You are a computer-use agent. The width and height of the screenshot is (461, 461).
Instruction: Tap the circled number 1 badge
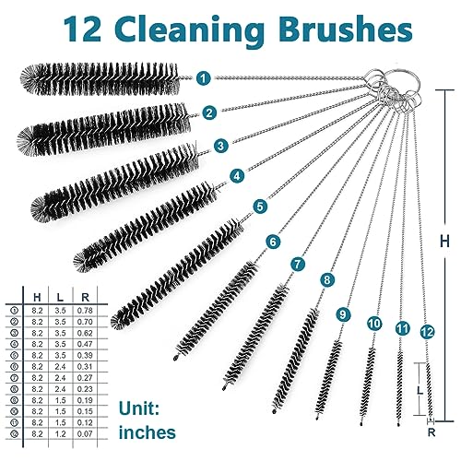202,79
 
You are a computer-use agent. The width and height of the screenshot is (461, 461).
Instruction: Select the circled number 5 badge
261,207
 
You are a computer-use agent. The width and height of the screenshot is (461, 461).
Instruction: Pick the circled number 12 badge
425,330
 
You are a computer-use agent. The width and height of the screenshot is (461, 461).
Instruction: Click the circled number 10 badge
374,324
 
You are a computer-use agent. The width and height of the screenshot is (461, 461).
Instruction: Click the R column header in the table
84,295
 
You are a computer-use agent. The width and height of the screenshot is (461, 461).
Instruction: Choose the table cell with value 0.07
84,432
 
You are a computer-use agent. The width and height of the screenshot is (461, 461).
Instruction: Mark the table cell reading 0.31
84,365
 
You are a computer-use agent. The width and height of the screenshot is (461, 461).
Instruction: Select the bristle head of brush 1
101,78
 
